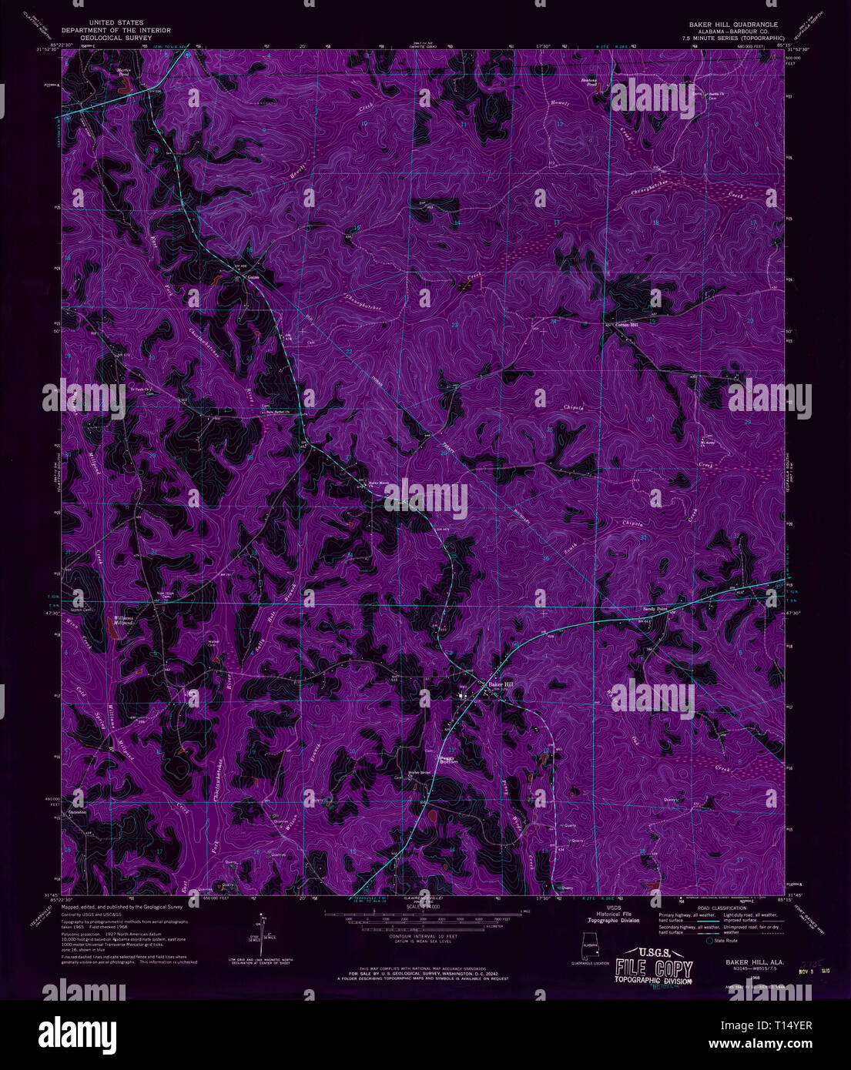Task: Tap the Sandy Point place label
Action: (x=654, y=608)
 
